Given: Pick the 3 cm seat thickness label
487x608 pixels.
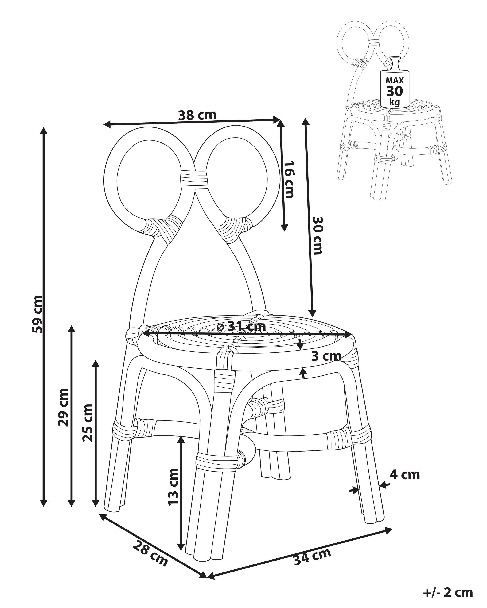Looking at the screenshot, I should tap(326, 356).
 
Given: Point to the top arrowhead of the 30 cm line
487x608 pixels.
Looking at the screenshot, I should tap(305, 122).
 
